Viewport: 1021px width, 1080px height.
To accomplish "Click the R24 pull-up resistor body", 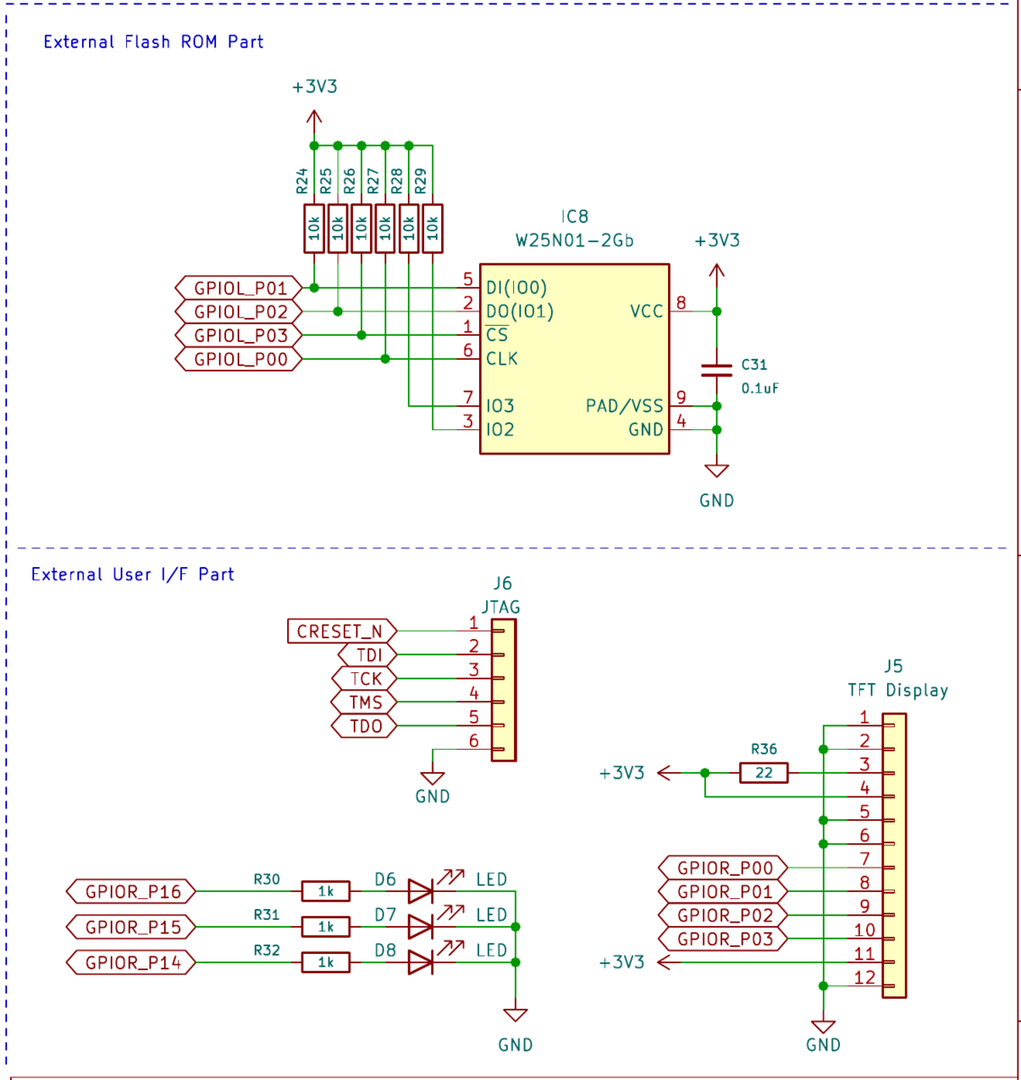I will tap(313, 229).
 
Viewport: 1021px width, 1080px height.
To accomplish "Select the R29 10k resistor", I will tap(432, 229).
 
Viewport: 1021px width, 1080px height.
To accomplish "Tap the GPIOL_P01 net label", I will tap(239, 288).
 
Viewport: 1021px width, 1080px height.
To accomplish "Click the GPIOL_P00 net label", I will tap(239, 359).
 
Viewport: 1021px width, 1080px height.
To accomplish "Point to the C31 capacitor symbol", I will tap(717, 369).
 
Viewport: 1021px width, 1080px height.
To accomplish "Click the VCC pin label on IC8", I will tap(646, 311).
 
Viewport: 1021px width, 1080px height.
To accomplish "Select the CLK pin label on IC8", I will tap(502, 359).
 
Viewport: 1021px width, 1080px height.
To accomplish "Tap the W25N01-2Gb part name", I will tap(574, 240).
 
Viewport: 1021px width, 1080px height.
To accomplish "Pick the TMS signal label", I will tap(365, 703).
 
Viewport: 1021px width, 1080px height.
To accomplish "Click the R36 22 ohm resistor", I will tap(763, 772).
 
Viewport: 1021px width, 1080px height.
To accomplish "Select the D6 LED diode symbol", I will tap(420, 891).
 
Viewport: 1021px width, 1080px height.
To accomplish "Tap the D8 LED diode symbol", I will tap(420, 962).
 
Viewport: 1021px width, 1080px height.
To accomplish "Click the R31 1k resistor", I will tap(326, 927).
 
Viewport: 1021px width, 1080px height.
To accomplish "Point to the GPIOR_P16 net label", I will tap(131, 892).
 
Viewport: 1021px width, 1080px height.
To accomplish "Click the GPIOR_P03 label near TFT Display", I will tap(723, 940).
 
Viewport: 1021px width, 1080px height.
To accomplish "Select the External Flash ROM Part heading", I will tap(153, 42).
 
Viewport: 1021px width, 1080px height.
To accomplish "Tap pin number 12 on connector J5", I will tap(864, 977).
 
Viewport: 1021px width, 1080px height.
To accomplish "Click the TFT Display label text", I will tap(898, 690).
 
